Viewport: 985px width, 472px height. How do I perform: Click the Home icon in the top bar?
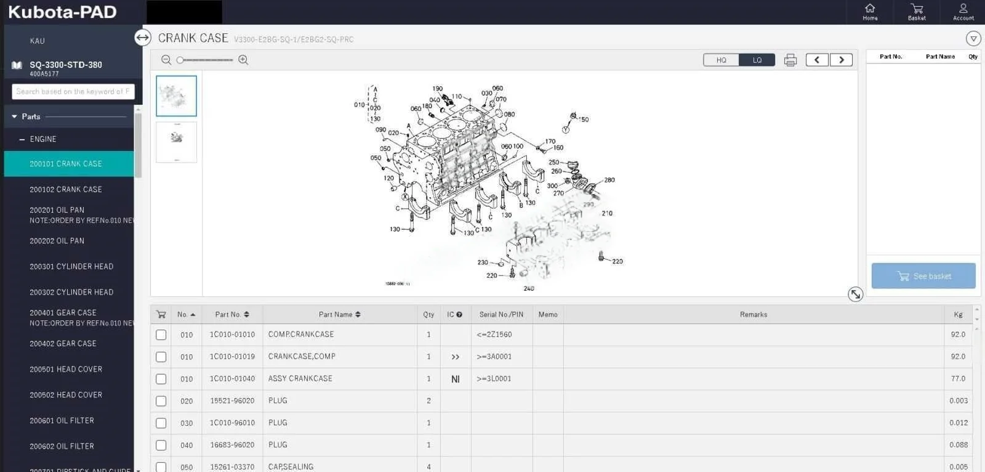[x=870, y=11]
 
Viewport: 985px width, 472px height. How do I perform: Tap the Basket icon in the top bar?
[x=917, y=11]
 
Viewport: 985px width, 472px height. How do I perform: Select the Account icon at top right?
[x=963, y=11]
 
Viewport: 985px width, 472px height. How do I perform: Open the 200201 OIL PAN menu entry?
[x=57, y=210]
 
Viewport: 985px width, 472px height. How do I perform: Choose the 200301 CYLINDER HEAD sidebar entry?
[x=71, y=267]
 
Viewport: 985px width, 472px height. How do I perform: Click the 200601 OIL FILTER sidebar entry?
[x=62, y=421]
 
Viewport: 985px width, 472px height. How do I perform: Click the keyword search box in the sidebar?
[x=73, y=92]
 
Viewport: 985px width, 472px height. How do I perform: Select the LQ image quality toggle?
[x=757, y=60]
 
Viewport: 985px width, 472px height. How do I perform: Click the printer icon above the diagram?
[x=790, y=60]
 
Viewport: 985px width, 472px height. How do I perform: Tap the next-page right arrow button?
[x=841, y=60]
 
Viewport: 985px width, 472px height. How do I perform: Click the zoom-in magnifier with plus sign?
[x=243, y=60]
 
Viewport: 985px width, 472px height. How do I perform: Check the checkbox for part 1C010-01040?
[x=161, y=379]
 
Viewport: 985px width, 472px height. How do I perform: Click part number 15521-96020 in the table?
[x=232, y=401]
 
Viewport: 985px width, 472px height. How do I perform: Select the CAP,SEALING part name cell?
[x=291, y=467]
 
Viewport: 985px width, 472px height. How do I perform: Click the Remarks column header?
[x=754, y=315]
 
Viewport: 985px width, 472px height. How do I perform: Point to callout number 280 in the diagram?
[x=609, y=180]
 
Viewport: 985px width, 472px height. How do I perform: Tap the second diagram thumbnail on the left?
[x=176, y=142]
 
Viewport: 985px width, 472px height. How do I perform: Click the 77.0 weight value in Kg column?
[x=958, y=379]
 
